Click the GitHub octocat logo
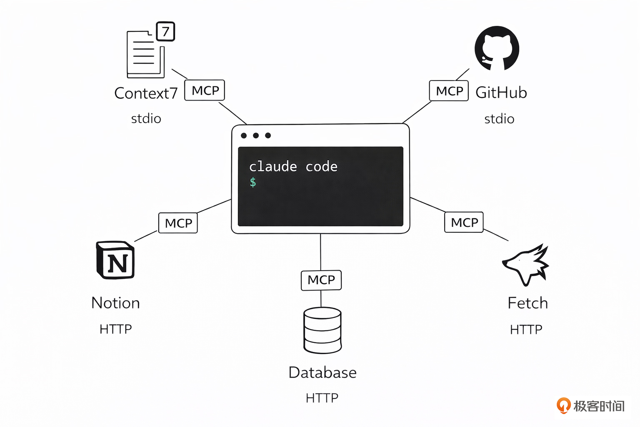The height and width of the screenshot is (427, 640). click(x=497, y=48)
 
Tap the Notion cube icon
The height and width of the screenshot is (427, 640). click(x=115, y=260)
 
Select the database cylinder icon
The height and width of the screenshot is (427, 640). click(x=322, y=330)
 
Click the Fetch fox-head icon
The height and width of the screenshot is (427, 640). click(x=526, y=265)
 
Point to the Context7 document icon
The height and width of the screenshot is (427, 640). click(x=145, y=54)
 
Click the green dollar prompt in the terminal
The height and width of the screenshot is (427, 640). click(x=253, y=182)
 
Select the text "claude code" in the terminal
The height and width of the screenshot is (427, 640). click(x=293, y=167)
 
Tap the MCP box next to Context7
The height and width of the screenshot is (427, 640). click(x=205, y=90)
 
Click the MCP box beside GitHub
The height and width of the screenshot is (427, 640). click(x=449, y=91)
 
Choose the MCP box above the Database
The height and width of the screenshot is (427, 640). click(x=321, y=280)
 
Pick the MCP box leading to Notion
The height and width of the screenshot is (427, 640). click(x=178, y=223)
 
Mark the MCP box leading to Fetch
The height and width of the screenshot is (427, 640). click(x=464, y=222)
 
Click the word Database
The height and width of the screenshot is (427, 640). click(x=322, y=372)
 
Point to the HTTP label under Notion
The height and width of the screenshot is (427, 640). click(x=115, y=329)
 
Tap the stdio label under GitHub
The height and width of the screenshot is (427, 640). click(x=499, y=119)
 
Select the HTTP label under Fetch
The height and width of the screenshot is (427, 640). click(x=526, y=330)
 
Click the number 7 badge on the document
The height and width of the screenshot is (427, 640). click(x=165, y=32)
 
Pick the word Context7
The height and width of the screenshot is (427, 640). click(x=146, y=93)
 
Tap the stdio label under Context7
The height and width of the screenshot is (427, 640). click(x=146, y=119)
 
